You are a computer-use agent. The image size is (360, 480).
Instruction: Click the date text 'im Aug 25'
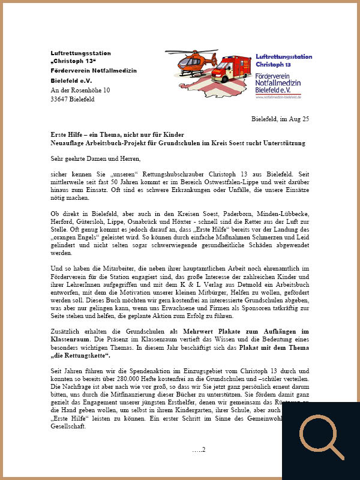295,119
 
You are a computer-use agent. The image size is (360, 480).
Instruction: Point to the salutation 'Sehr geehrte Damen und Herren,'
95,159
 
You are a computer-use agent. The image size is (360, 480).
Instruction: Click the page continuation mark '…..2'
199,449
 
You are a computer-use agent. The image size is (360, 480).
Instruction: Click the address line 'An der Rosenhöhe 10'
80,90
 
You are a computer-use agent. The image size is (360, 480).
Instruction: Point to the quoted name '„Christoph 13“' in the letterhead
73,62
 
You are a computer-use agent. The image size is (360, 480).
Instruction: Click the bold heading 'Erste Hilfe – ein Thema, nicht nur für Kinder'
118,134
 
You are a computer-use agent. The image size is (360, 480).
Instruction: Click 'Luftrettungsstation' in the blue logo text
284,56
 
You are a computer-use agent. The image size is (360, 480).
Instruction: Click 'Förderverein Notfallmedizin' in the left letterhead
94,71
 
